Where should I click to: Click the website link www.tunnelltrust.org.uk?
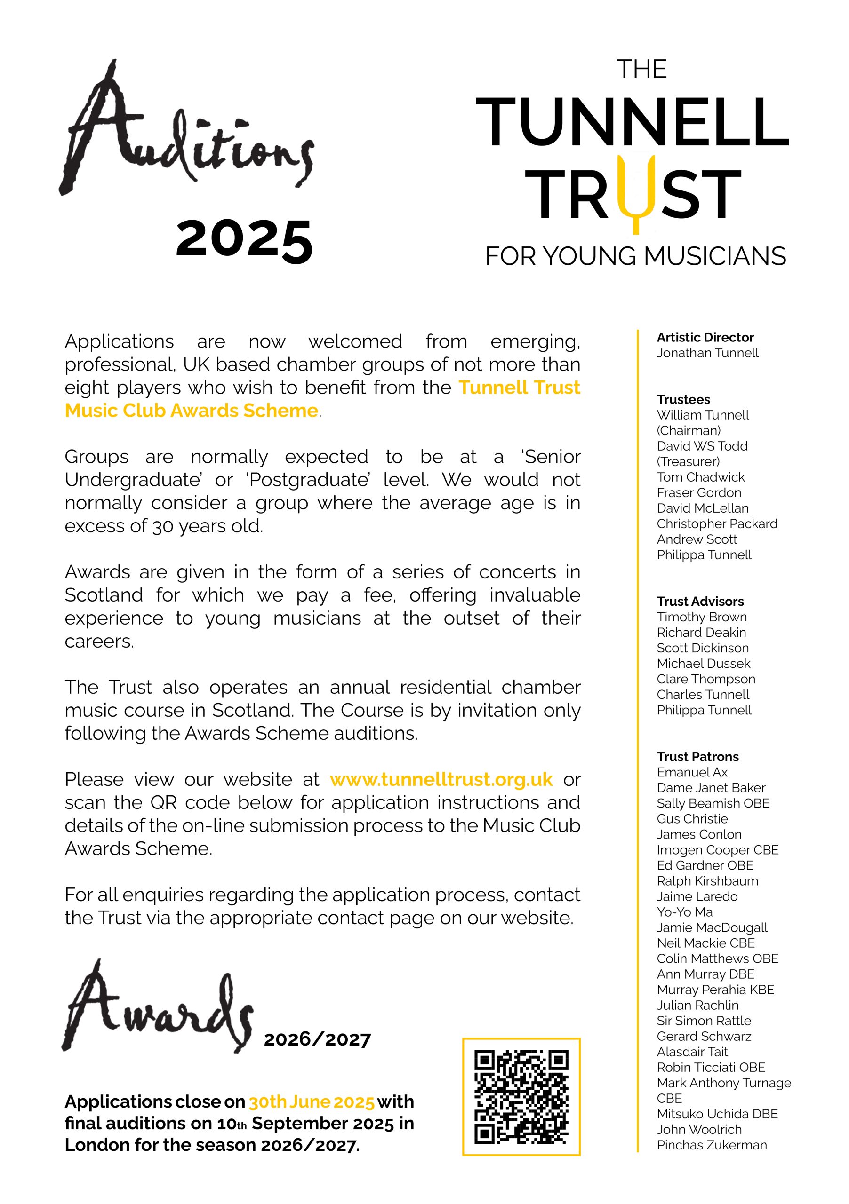441,780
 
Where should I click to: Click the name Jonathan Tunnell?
707,353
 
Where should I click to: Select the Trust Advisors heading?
700,602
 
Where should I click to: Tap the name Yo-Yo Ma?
684,912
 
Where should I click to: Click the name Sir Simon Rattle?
704,1021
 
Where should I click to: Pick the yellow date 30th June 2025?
312,1102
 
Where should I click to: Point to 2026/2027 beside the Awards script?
318,1039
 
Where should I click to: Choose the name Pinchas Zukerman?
712,1145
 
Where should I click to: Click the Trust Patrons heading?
697,757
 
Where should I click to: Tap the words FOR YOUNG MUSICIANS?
635,256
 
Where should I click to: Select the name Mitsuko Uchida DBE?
717,1114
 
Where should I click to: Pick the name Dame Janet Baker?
711,788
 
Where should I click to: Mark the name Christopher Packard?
717,524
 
